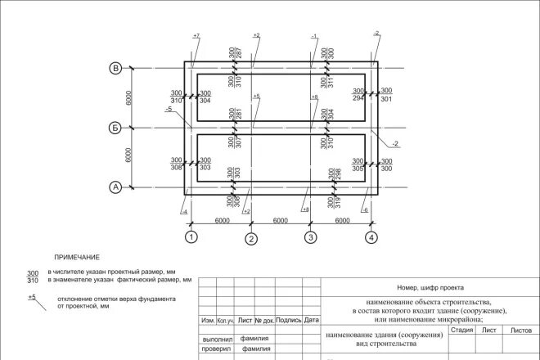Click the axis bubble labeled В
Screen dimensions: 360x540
116,68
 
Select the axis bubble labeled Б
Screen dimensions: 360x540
116,128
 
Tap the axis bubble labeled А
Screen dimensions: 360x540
116,187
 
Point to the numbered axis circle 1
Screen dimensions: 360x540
191,237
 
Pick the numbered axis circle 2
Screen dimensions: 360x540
251,238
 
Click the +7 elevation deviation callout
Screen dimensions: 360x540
196,37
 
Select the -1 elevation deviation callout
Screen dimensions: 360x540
314,37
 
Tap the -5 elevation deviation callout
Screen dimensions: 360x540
168,109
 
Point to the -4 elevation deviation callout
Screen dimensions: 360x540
186,212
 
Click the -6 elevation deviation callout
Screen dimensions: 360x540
364,210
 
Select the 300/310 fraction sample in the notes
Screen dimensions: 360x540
33,276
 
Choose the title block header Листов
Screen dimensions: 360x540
521,330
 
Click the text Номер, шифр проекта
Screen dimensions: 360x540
430,287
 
